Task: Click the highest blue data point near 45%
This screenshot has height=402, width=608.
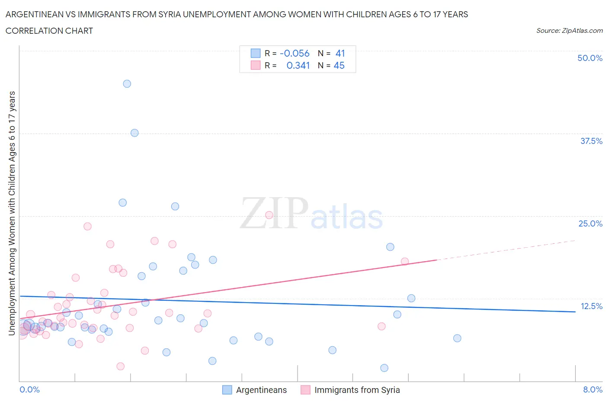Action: tap(127, 84)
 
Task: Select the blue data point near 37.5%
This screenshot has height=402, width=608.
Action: tap(134, 133)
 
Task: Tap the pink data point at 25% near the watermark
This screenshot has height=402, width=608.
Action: tap(269, 215)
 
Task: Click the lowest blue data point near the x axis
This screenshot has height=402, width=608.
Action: tap(384, 368)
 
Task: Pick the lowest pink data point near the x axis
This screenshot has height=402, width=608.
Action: tap(121, 366)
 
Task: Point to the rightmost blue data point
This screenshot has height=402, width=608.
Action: tap(457, 338)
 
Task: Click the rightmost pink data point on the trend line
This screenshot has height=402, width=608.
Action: tap(405, 261)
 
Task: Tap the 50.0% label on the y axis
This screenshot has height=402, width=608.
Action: tap(590, 58)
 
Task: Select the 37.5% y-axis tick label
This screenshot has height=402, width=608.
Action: tap(591, 141)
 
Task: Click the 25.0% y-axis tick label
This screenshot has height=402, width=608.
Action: tap(590, 223)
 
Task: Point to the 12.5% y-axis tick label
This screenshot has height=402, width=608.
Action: tap(591, 306)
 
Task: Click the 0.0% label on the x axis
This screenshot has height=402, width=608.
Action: tap(30, 389)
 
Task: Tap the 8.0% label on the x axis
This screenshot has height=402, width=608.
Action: tap(592, 389)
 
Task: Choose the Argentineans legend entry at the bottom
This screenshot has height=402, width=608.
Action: tap(261, 390)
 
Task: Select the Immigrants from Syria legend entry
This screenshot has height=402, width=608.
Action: tap(357, 390)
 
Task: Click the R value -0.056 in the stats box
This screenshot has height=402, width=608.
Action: tap(294, 53)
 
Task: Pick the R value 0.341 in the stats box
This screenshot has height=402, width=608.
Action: tap(298, 65)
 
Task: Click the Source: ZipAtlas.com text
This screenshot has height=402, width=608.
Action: tap(569, 30)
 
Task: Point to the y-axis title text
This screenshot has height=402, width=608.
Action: tap(12, 213)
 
